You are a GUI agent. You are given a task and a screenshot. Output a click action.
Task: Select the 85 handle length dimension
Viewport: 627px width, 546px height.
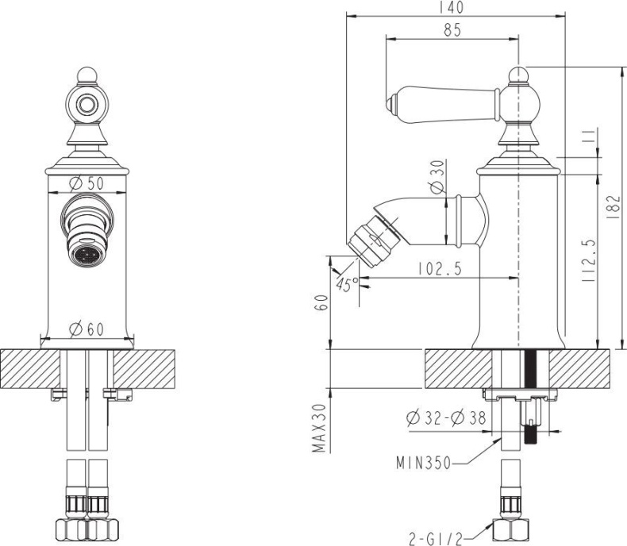point(453,30)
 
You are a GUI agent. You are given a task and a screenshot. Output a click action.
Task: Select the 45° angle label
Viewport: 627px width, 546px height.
point(348,285)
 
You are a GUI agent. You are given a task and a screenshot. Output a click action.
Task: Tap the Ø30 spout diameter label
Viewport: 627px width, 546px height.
point(436,179)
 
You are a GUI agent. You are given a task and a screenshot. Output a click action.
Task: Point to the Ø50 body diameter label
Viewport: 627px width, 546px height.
point(87,183)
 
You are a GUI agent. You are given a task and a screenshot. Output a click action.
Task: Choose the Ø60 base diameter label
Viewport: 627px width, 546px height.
point(87,328)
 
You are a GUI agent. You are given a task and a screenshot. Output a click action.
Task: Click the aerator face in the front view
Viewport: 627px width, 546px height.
point(87,256)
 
